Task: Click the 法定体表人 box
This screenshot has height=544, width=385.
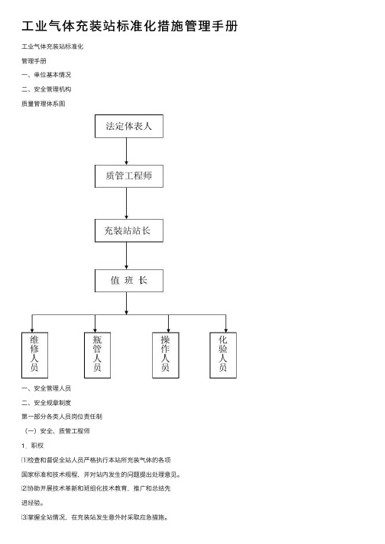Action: tap(129, 126)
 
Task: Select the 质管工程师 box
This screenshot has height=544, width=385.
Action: tap(129, 176)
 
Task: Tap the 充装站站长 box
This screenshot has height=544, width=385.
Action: tap(129, 230)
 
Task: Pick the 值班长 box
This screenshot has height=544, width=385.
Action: tap(129, 280)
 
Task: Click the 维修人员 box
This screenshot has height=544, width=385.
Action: tap(34, 355)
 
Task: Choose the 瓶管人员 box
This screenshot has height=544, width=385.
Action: tap(97, 355)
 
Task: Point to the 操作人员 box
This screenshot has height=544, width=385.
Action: tap(166, 355)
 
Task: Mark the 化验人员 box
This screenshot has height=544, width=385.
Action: tap(223, 355)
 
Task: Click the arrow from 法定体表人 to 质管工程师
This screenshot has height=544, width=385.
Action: tap(127, 151)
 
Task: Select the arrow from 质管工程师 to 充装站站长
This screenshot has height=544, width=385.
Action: tap(127, 203)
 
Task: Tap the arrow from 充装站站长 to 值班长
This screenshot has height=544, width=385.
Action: tap(127, 256)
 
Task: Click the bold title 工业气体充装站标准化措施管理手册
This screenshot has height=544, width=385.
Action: tap(130, 26)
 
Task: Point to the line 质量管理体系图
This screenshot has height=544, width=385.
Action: tap(44, 104)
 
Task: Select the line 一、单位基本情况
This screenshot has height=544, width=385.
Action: tap(46, 75)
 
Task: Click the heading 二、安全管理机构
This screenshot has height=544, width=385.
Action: tap(46, 89)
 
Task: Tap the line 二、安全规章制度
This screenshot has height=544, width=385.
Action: tap(46, 403)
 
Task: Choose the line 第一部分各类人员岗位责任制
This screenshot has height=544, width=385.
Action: tap(62, 417)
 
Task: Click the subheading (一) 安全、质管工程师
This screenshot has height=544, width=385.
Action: tap(57, 431)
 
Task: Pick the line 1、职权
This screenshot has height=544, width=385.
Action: tap(32, 446)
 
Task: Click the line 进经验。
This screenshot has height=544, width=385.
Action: tap(32, 503)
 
